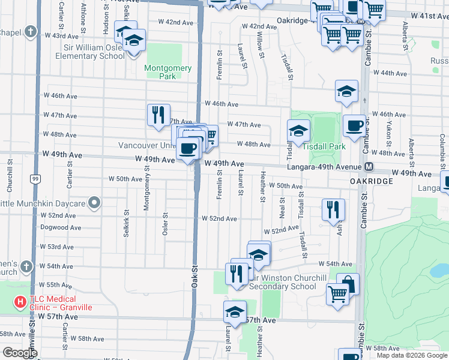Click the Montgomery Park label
pyautogui.click(x=168, y=72)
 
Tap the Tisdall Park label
pyautogui.click(x=324, y=146)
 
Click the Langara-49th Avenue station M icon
pyautogui.click(x=369, y=166)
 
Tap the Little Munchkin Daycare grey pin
pyautogui.click(x=94, y=203)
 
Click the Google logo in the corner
pyautogui.click(x=20, y=353)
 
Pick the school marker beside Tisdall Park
pyautogui.click(x=298, y=130)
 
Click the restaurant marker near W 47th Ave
pyautogui.click(x=158, y=115)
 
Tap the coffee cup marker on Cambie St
pyautogui.click(x=354, y=126)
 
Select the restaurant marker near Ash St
pyautogui.click(x=333, y=209)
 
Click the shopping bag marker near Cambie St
pyautogui.click(x=348, y=284)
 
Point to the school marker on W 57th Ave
pyautogui.click(x=235, y=311)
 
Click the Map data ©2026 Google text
pyautogui.click(x=412, y=355)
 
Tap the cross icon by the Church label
pyautogui.click(x=26, y=266)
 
